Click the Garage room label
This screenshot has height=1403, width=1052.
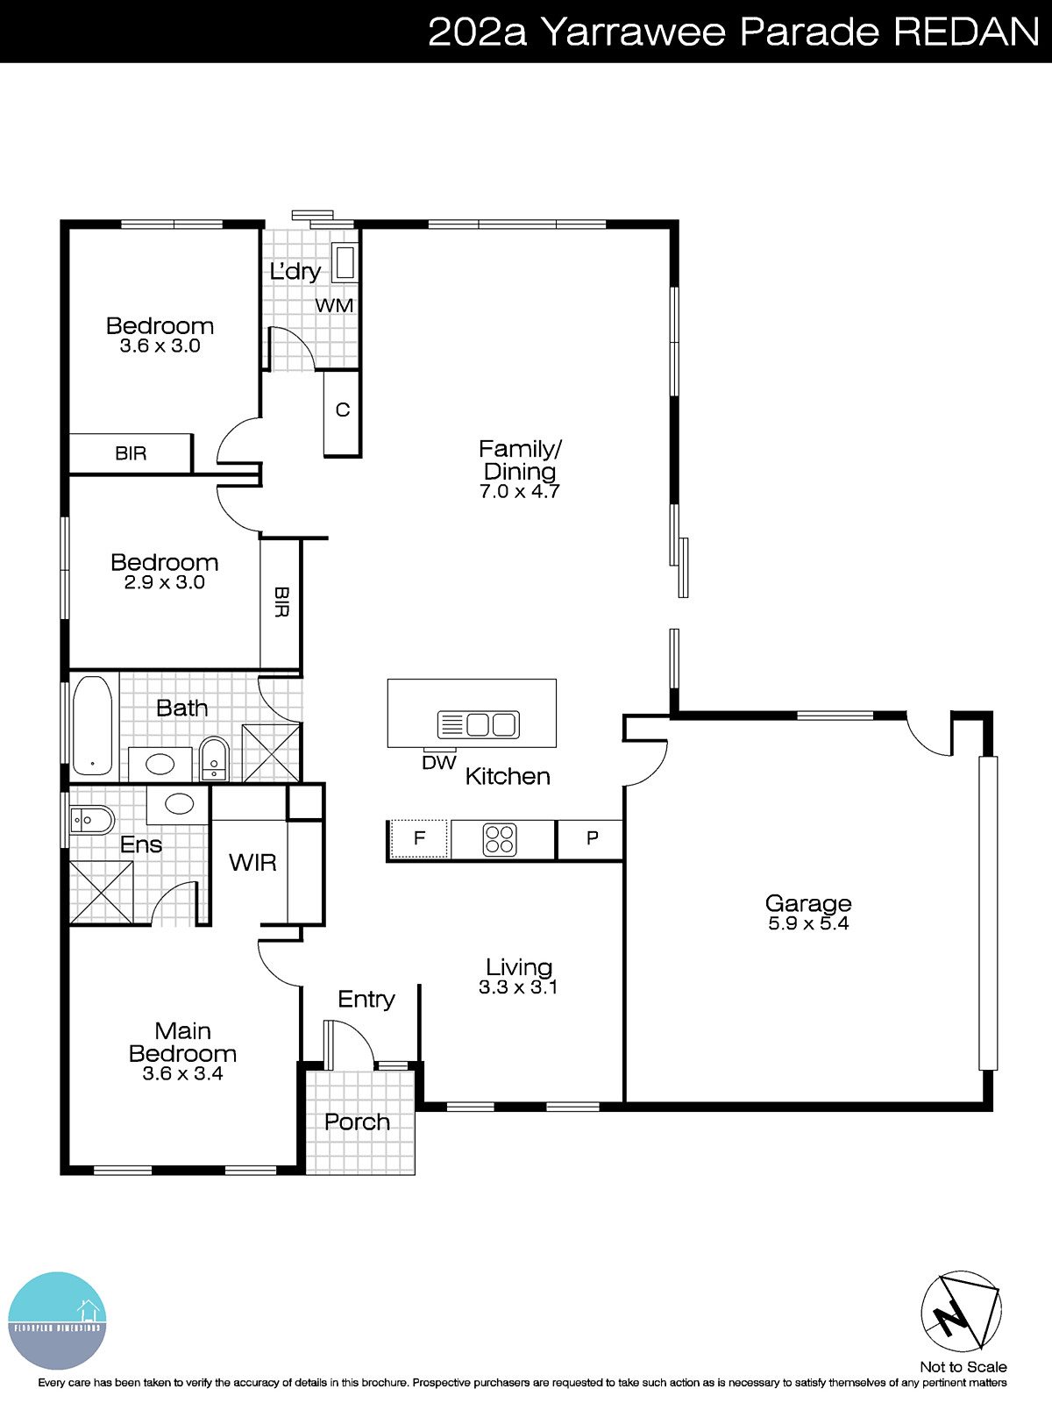[807, 903]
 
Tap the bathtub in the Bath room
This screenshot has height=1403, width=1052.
[92, 725]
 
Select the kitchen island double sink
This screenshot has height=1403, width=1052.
[479, 724]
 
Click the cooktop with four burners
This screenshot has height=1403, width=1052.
[500, 839]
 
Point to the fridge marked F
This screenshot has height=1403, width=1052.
[419, 839]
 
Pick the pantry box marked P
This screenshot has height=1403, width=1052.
[592, 839]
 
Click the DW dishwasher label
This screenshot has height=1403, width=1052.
[438, 763]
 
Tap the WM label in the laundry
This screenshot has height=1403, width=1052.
[334, 306]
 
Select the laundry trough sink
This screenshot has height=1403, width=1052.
[345, 263]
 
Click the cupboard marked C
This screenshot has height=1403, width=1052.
[342, 410]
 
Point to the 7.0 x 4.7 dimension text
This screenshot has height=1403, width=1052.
[519, 492]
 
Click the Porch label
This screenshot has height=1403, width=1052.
[357, 1122]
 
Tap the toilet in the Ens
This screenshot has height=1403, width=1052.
[91, 821]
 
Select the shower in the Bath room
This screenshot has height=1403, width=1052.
[270, 752]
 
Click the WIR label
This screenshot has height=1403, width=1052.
[252, 863]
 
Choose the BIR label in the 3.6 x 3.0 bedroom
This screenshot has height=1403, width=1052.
[131, 453]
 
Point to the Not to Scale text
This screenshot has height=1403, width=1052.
[963, 1367]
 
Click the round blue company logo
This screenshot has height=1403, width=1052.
[57, 1320]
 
